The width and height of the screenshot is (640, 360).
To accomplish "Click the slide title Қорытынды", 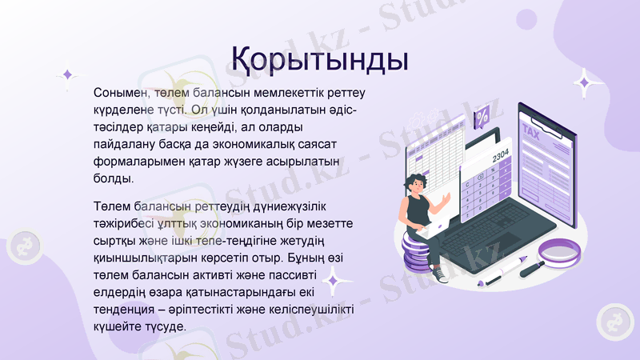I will (x=320, y=58).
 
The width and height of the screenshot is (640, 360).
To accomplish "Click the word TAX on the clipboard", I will (x=530, y=130).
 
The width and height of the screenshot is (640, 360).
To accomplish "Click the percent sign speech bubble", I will (x=482, y=119).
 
